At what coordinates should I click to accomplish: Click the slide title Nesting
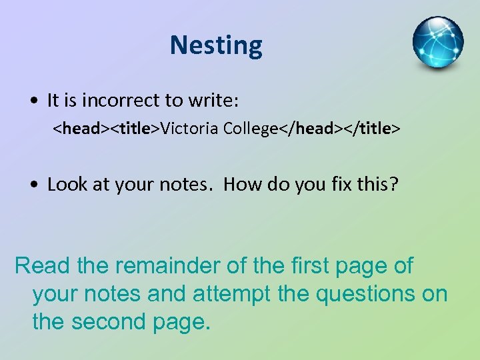(x=216, y=45)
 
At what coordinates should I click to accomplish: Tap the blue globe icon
(x=437, y=43)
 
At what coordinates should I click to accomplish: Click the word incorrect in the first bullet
(x=117, y=101)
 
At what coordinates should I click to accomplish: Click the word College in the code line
(x=250, y=128)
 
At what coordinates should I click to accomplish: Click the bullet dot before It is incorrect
(x=33, y=101)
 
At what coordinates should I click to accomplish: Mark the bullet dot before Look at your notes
(x=33, y=184)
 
